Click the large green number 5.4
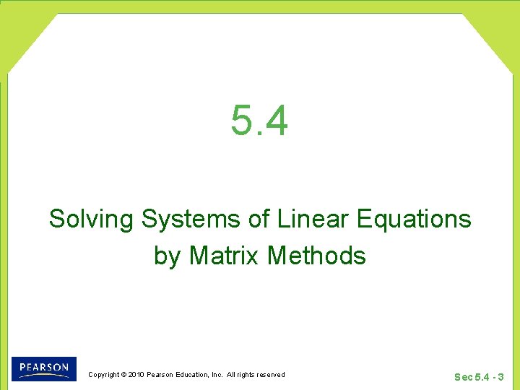click(259, 120)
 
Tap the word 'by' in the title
click(167, 256)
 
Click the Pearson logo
click(43, 368)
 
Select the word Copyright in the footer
click(103, 375)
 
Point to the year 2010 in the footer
click(136, 375)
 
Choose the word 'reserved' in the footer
click(269, 375)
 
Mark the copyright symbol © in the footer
click(123, 375)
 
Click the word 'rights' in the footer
click(246, 375)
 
